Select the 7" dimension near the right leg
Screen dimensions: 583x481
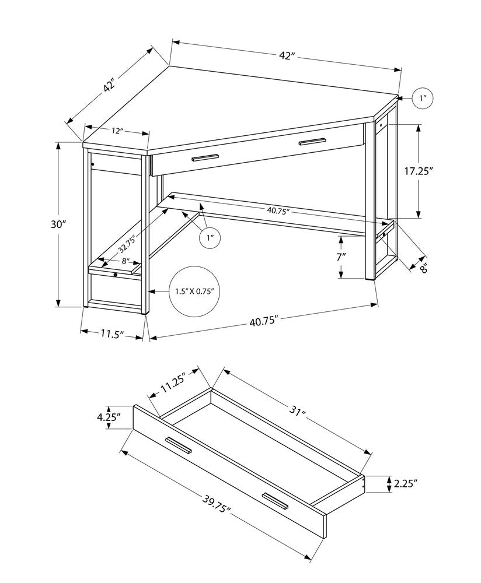341,257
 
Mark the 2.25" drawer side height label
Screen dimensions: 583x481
406,483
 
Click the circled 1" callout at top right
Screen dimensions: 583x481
423,99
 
